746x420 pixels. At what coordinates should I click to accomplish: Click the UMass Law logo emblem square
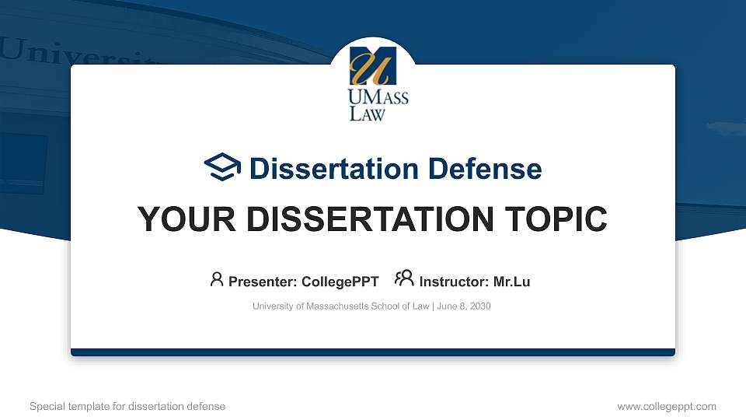(x=373, y=65)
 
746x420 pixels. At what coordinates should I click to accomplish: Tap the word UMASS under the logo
(x=378, y=98)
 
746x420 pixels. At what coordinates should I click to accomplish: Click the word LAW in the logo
(x=367, y=114)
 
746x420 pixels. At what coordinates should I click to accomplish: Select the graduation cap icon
(x=222, y=167)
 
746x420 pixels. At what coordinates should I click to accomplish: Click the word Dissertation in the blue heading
(x=323, y=169)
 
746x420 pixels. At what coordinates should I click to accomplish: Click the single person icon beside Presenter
(x=217, y=279)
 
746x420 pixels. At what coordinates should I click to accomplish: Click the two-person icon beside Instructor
(x=404, y=278)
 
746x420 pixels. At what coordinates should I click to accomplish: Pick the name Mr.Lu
(x=511, y=282)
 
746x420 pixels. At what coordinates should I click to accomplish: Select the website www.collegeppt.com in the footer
(x=666, y=406)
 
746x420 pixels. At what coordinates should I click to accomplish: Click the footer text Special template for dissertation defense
(x=127, y=406)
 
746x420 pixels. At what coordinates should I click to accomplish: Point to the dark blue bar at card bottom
(x=373, y=352)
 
